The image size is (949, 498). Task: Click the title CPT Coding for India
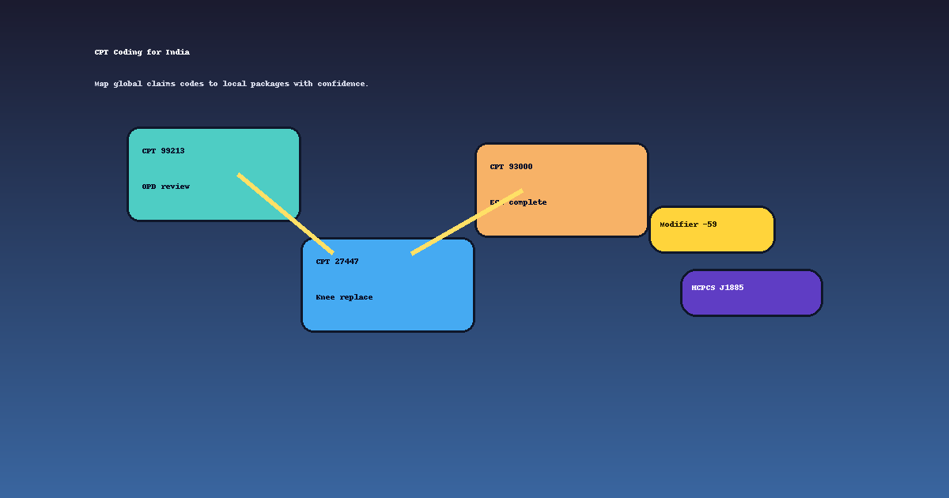(142, 52)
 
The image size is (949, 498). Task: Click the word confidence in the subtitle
(342, 84)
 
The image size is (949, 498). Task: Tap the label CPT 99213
(163, 151)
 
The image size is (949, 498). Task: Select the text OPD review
(165, 187)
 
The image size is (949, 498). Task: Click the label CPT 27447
(337, 262)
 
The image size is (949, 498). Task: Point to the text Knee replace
(344, 297)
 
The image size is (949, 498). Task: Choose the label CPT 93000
(511, 167)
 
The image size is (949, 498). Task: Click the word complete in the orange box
(528, 203)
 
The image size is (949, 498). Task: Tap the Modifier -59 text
(688, 224)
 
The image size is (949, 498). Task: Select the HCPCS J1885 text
(717, 288)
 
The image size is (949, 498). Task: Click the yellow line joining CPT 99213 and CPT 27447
(285, 213)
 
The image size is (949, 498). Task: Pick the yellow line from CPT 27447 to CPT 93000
(467, 222)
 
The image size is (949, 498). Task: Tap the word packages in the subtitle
(270, 84)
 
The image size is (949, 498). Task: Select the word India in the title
(177, 52)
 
